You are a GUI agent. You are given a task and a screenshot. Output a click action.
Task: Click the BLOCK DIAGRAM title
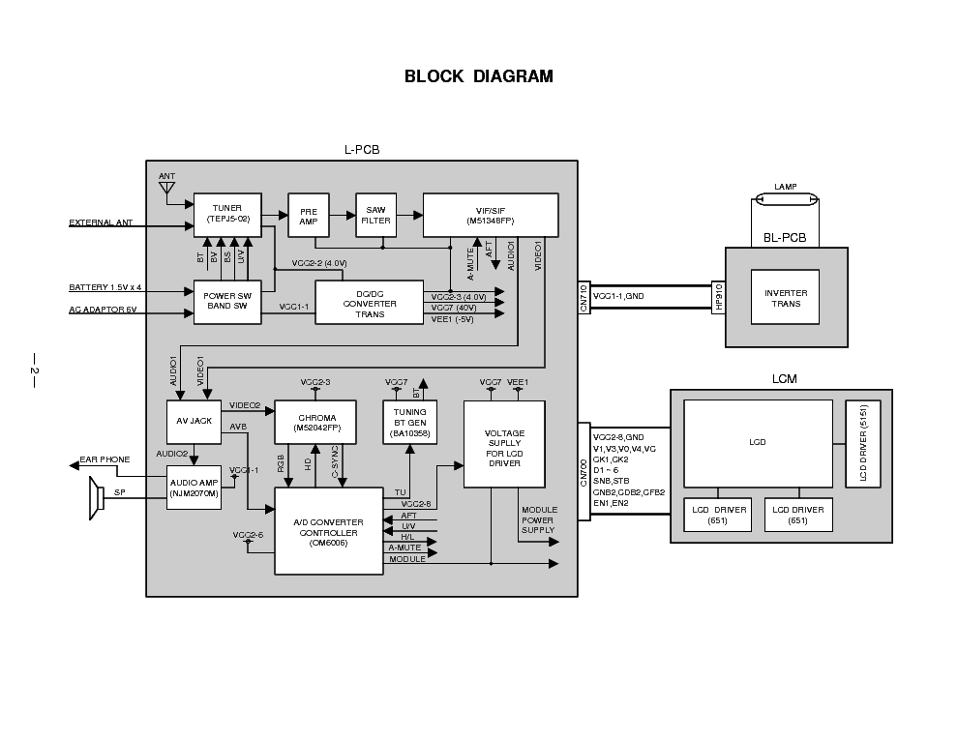tap(478, 76)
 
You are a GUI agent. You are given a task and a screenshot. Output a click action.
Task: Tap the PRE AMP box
tap(309, 215)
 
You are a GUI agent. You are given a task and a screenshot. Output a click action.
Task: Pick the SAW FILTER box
tap(375, 215)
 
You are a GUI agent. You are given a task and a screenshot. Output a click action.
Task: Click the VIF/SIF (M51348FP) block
tap(491, 215)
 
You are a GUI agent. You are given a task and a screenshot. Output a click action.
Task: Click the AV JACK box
tap(195, 421)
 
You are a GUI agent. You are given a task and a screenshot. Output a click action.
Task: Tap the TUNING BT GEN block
tap(410, 422)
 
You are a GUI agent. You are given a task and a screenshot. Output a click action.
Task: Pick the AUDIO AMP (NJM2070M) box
tap(194, 488)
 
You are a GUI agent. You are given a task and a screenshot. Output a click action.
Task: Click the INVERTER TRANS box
tap(785, 297)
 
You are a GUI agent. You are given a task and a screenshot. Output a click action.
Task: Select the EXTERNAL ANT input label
tap(100, 223)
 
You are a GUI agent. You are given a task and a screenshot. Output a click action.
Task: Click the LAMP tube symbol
tap(787, 200)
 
